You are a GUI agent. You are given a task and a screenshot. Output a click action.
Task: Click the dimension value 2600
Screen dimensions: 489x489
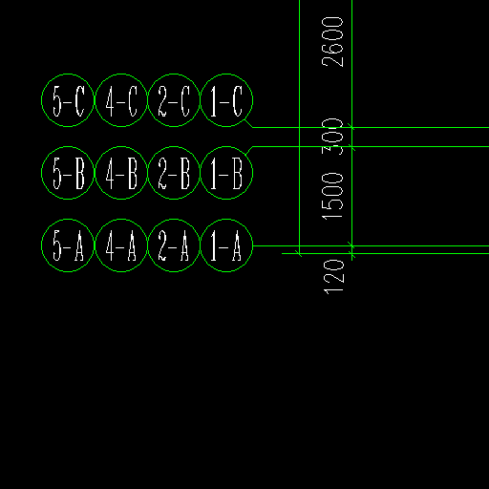pyautogui.click(x=332, y=42)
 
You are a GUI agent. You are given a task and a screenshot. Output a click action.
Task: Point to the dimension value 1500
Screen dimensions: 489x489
pyautogui.click(x=332, y=197)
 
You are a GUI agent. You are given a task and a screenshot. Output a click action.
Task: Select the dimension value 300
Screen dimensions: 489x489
pyautogui.click(x=332, y=137)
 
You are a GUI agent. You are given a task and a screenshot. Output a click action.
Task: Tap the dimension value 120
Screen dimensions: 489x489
pyautogui.click(x=333, y=277)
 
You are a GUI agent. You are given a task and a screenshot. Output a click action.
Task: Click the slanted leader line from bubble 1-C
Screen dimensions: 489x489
pyautogui.click(x=249, y=123)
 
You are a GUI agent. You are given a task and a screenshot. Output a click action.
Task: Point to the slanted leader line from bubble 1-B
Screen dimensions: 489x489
pyautogui.click(x=249, y=151)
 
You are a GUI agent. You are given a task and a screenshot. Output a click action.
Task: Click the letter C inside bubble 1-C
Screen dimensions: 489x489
pyautogui.click(x=238, y=101)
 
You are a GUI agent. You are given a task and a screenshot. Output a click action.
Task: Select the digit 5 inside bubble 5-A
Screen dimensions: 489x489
pyautogui.click(x=57, y=245)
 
